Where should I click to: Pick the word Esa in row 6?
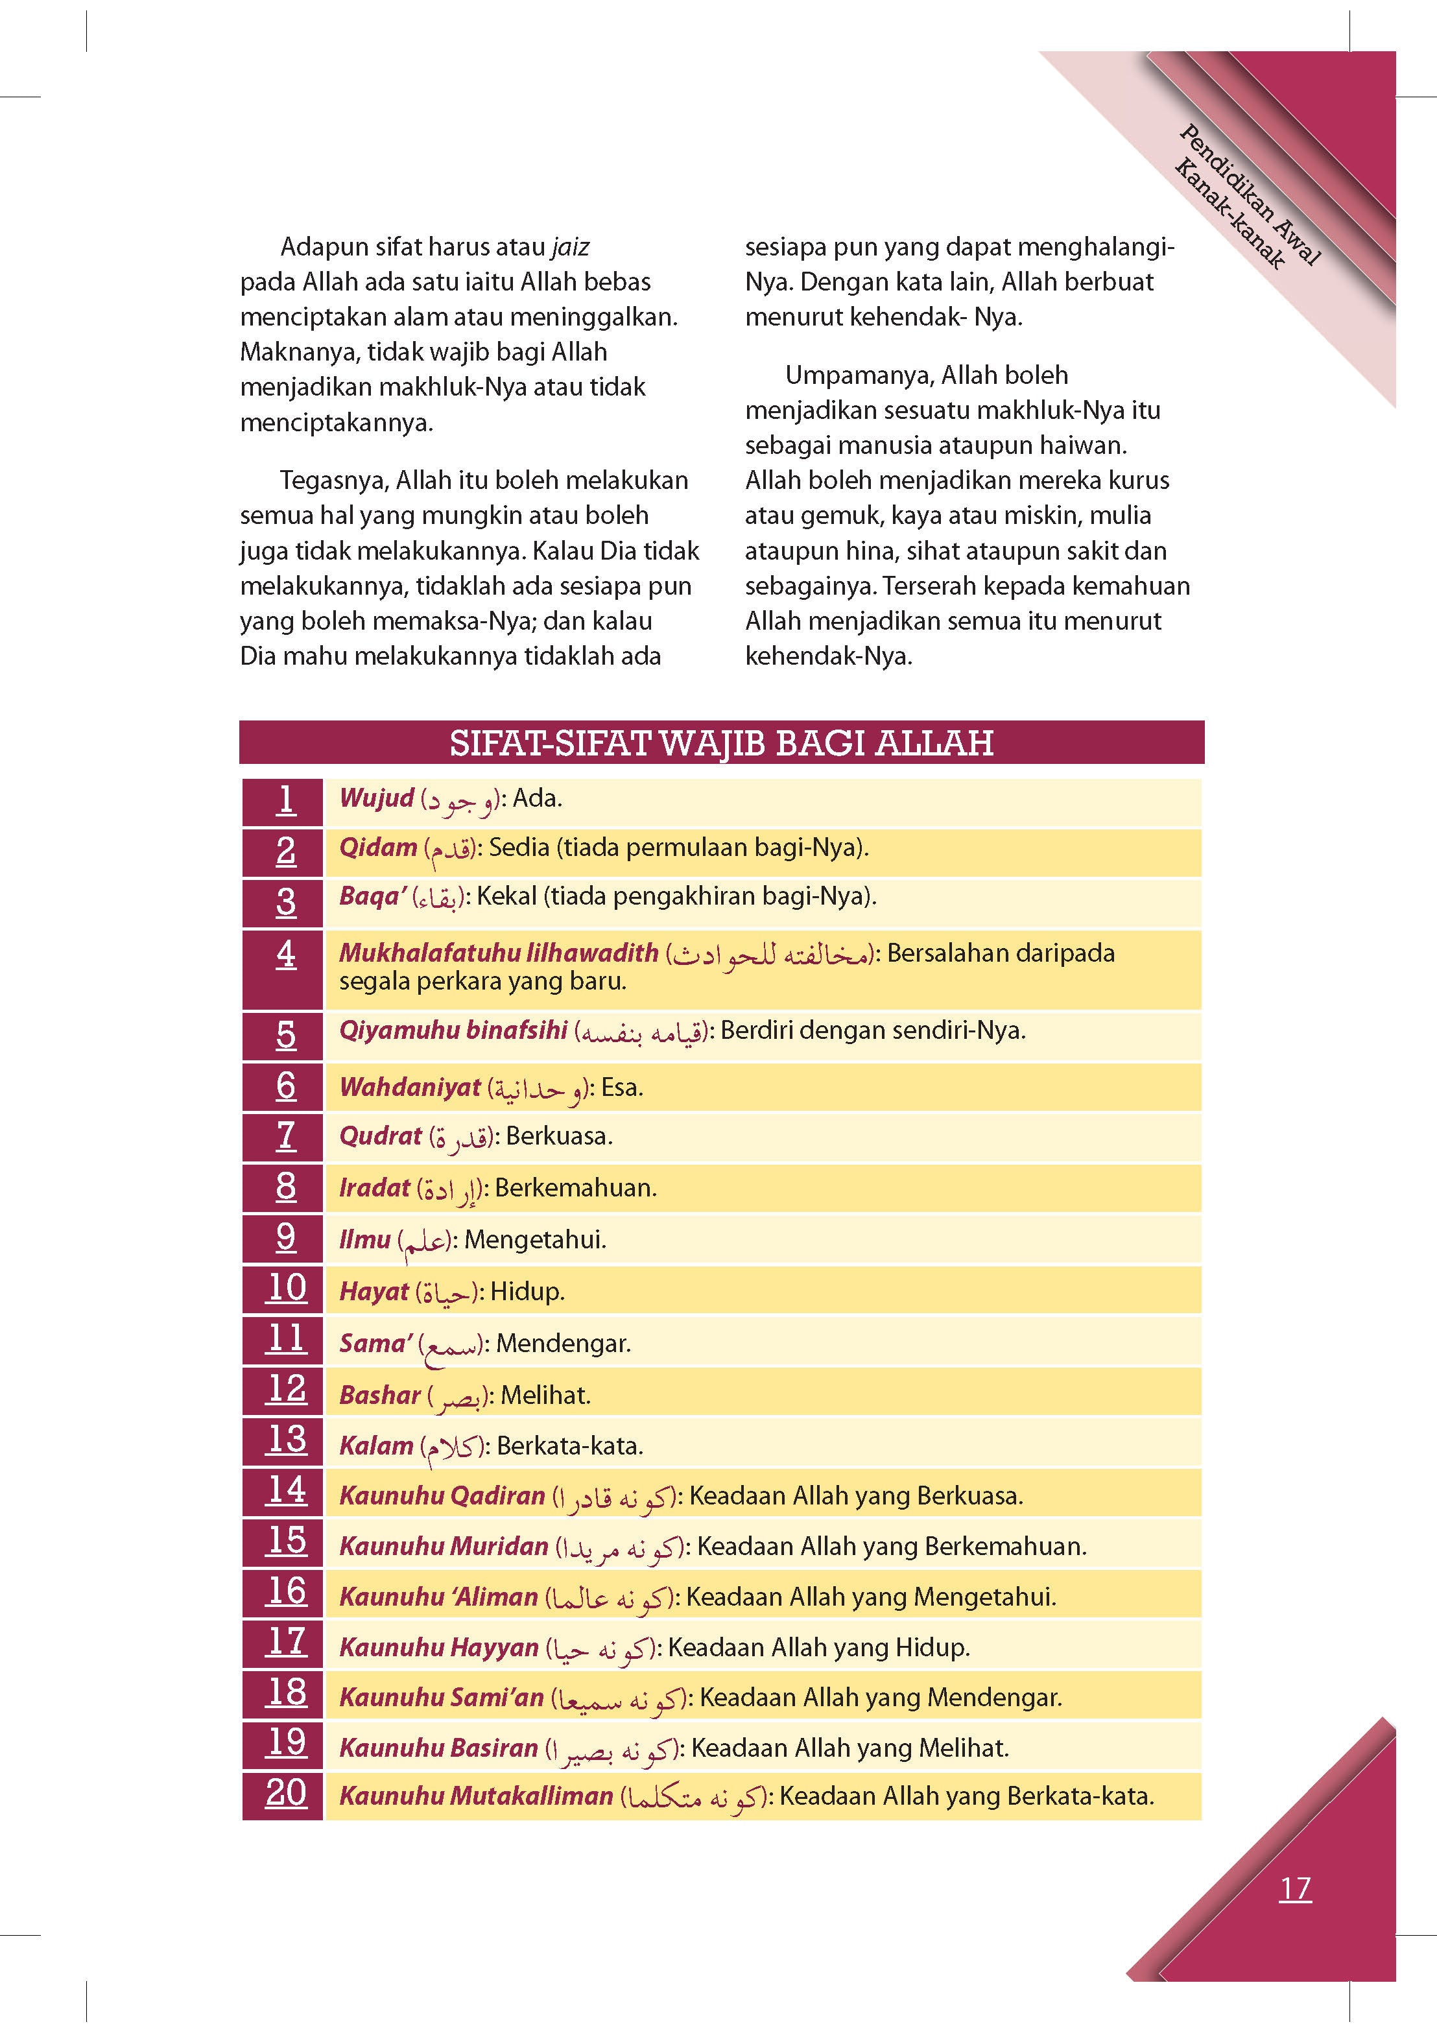tap(621, 1088)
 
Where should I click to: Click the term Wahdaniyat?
tap(410, 1088)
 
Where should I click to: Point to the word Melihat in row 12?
tap(545, 1396)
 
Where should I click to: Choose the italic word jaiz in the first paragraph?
tap(569, 247)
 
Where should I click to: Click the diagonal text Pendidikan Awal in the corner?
tap(1250, 195)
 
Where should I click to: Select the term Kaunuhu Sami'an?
tap(441, 1698)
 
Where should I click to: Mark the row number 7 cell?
tap(285, 1137)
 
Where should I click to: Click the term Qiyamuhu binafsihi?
tap(453, 1030)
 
